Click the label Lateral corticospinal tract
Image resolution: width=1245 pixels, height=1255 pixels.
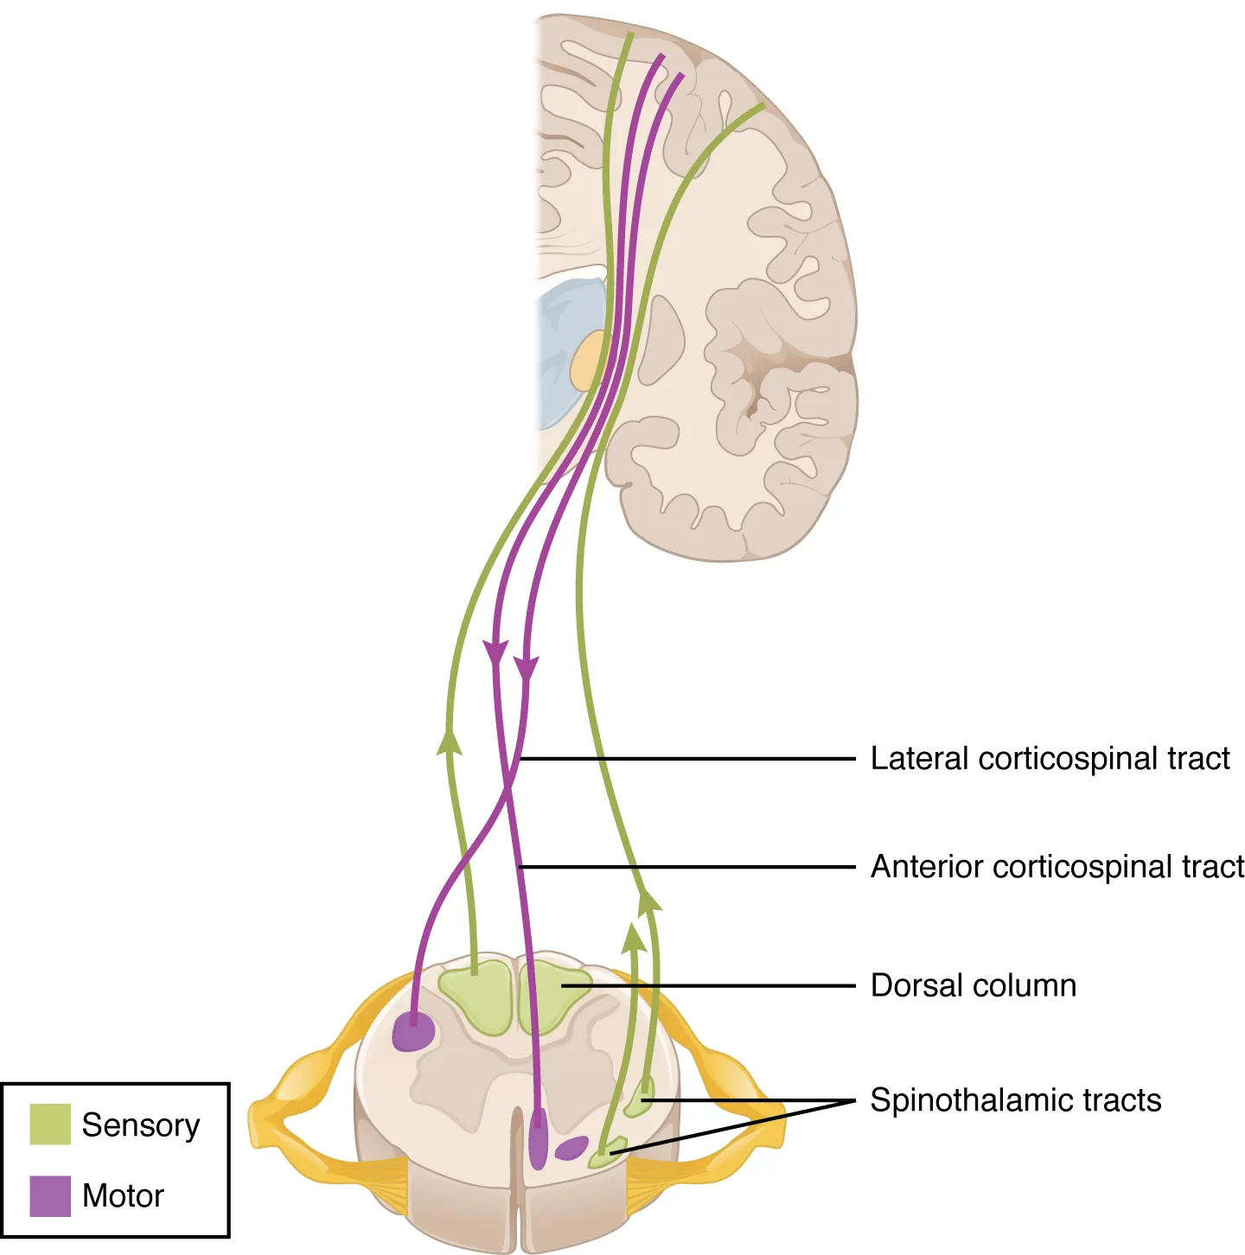1049,759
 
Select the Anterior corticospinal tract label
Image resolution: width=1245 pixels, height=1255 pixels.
1057,867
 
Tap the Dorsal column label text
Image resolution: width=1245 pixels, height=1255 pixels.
973,985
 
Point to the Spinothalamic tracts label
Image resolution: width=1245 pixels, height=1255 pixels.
1015,1100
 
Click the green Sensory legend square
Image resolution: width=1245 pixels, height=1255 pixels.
50,1124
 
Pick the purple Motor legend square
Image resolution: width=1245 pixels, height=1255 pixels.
50,1195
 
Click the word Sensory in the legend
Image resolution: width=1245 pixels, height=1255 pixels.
140,1125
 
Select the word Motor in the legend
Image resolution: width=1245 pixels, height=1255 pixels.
123,1196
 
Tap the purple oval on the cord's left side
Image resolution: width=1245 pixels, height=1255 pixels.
412,1032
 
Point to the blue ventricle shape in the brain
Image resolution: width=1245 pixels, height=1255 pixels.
566,346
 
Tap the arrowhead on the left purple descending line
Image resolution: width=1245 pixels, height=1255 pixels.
495,653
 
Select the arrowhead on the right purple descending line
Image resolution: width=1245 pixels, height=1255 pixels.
526,668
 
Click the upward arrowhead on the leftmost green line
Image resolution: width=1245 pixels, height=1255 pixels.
449,742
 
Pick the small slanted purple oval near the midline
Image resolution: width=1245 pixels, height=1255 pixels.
571,1148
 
